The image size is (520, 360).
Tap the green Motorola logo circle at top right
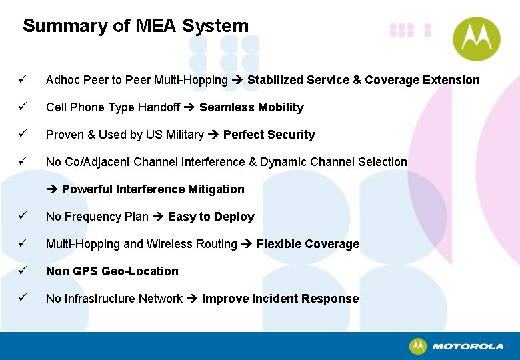pos(476,38)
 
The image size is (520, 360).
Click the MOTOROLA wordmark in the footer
pos(468,347)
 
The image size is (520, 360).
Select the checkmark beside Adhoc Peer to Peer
pos(23,80)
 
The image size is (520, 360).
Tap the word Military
pos(184,135)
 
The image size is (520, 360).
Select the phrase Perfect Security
pos(269,135)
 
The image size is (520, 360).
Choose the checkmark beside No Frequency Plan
pos(23,217)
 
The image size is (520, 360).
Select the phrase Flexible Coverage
pos(308,244)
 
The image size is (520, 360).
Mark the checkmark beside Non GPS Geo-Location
pos(23,271)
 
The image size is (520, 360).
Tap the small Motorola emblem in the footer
pos(418,347)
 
